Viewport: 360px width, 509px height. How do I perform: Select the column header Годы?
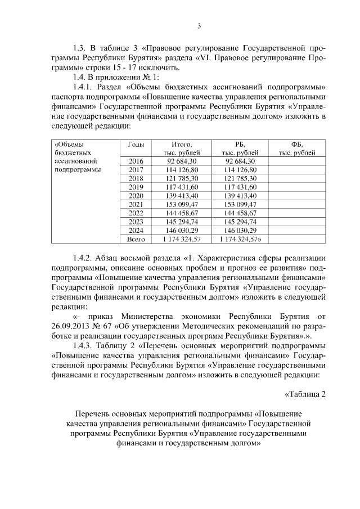coord(136,144)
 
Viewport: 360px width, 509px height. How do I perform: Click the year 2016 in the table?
coord(136,161)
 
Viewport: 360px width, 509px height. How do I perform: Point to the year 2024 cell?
coord(136,230)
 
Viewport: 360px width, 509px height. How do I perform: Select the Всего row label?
coord(136,239)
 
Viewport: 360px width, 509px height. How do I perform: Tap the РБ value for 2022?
coord(240,213)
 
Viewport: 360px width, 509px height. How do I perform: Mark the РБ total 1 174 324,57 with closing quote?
coord(241,239)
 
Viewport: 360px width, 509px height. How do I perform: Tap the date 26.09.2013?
coord(70,325)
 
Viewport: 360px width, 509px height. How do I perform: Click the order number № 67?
coord(106,325)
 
